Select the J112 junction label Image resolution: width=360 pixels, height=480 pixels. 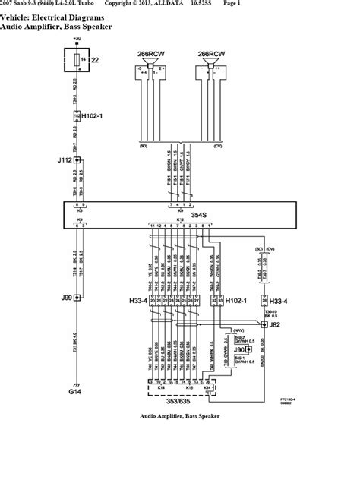pos(64,160)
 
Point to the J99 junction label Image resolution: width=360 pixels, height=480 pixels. pos(64,278)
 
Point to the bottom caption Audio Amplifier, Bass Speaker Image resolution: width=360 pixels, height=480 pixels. pos(179,417)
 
